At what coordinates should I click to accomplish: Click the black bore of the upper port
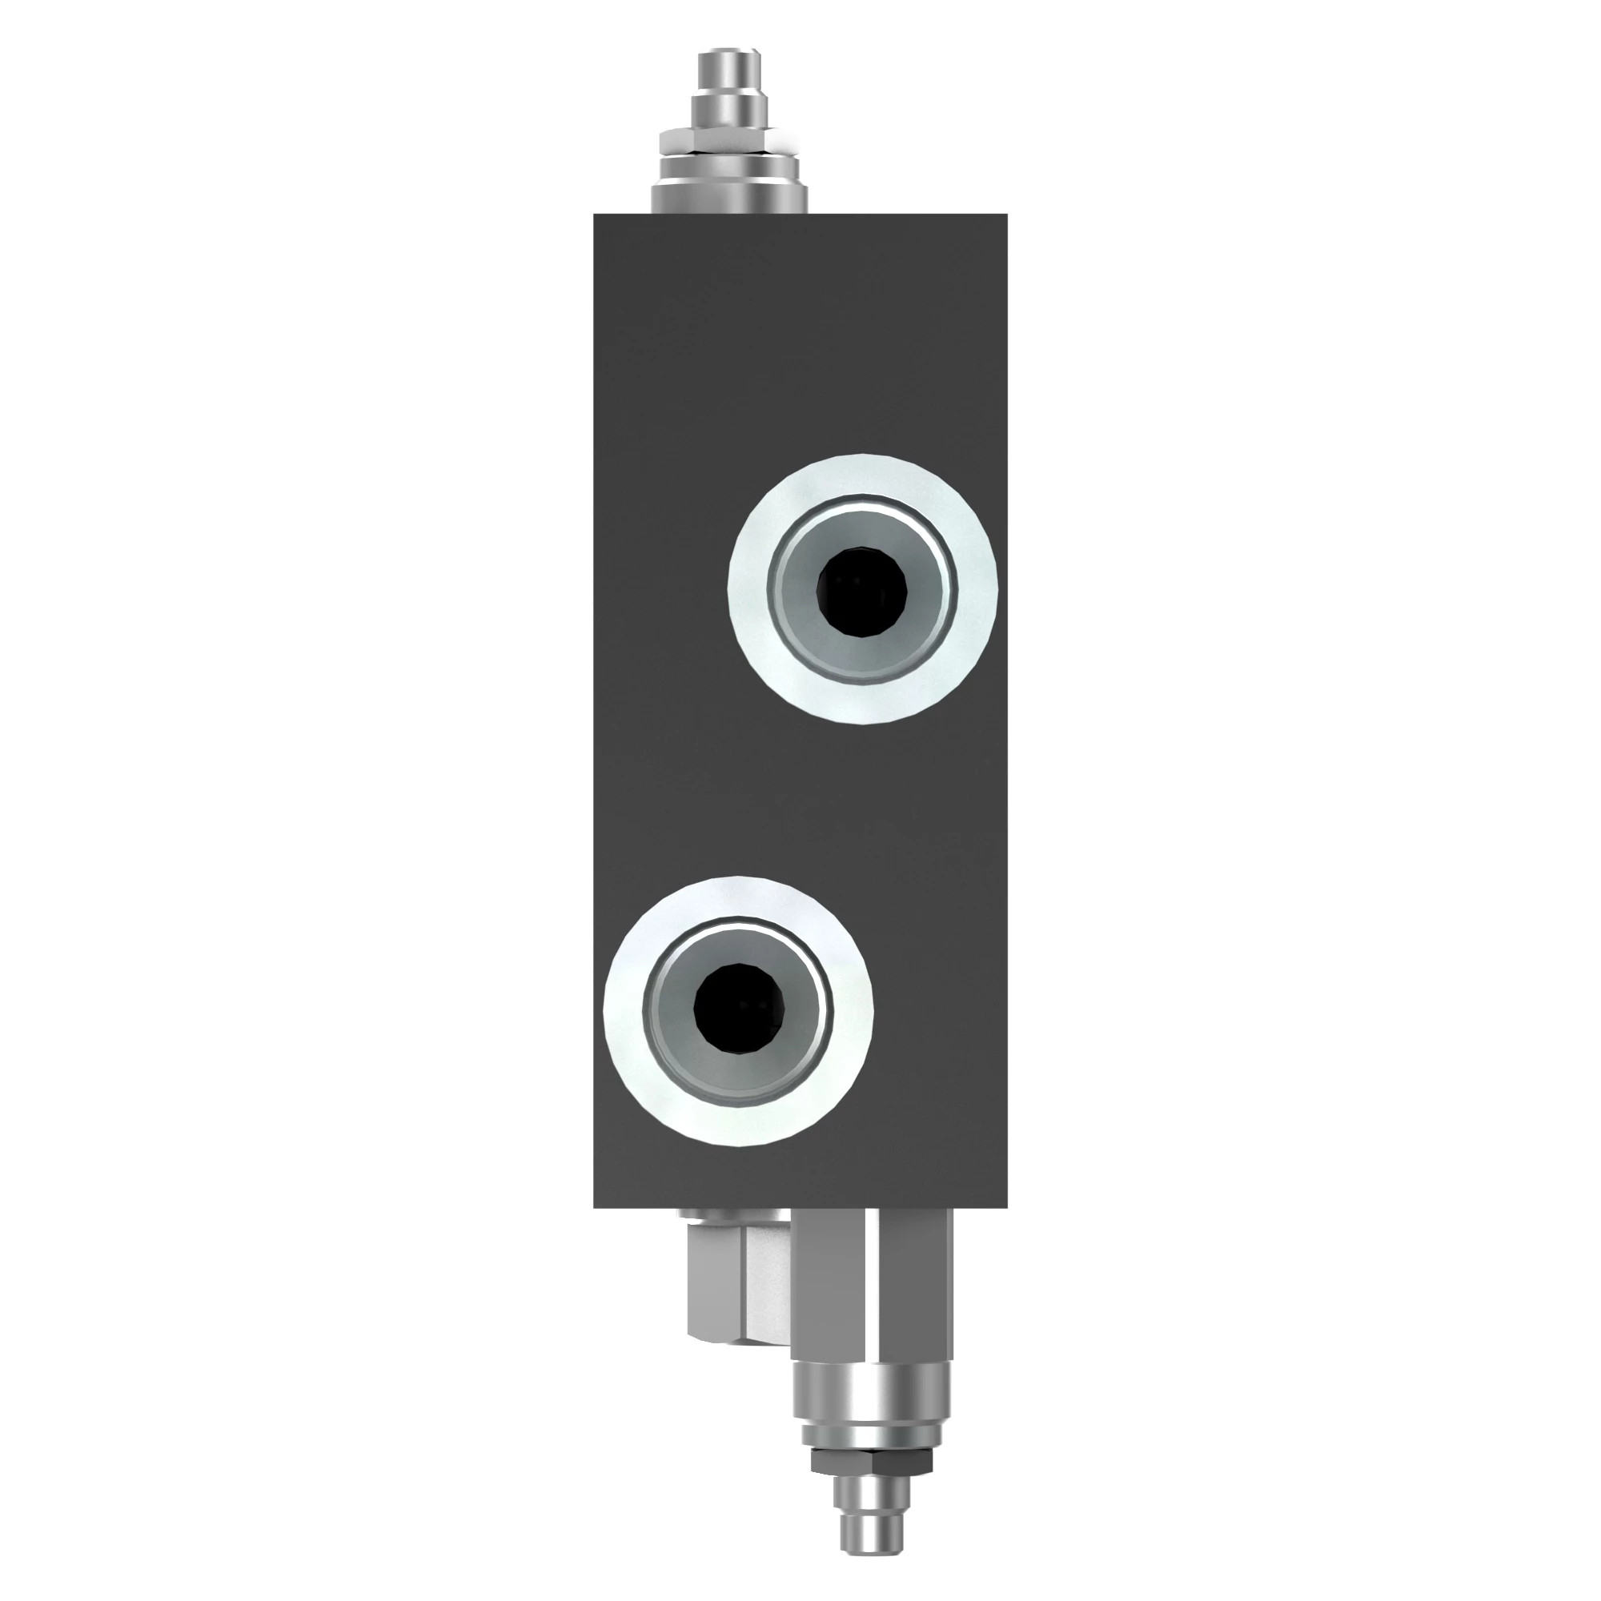[863, 592]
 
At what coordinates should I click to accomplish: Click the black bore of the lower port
[739, 1011]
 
